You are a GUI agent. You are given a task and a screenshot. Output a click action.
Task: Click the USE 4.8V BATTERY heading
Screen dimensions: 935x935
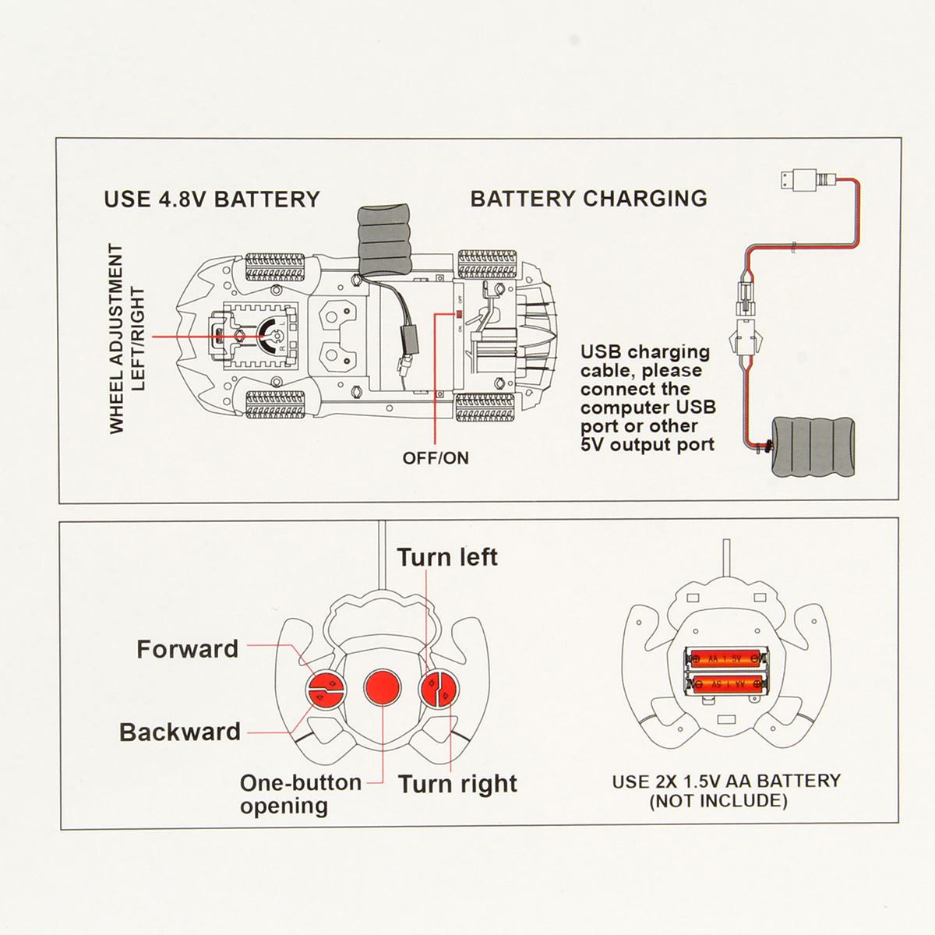[x=212, y=199]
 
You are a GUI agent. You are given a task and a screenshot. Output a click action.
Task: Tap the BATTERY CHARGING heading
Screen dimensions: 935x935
[x=589, y=199]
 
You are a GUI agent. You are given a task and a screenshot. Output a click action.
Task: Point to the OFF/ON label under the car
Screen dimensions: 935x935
[x=436, y=457]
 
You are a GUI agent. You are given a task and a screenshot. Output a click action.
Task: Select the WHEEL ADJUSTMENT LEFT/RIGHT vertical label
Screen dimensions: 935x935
[x=126, y=339]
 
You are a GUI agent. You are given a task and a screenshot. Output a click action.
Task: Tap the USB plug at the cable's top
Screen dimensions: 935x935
[x=799, y=181]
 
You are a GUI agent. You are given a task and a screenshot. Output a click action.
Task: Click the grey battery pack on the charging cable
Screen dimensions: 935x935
[x=813, y=446]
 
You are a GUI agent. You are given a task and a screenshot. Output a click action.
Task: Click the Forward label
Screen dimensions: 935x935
[x=187, y=649]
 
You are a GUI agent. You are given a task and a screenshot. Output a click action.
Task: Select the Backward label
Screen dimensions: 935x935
[x=179, y=732]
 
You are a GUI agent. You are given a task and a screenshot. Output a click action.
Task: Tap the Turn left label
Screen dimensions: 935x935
[x=447, y=557]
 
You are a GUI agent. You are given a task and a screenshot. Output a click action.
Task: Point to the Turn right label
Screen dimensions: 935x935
[x=457, y=785]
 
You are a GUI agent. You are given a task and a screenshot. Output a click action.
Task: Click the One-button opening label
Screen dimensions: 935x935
[x=301, y=794]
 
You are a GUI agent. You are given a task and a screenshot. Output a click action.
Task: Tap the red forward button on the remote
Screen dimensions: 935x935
[x=326, y=681]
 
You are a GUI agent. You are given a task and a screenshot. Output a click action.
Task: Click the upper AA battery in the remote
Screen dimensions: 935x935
[x=726, y=658]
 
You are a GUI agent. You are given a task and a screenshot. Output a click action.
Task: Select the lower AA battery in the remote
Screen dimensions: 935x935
[x=726, y=683]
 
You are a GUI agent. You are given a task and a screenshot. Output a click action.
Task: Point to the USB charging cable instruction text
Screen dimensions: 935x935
[x=648, y=398]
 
